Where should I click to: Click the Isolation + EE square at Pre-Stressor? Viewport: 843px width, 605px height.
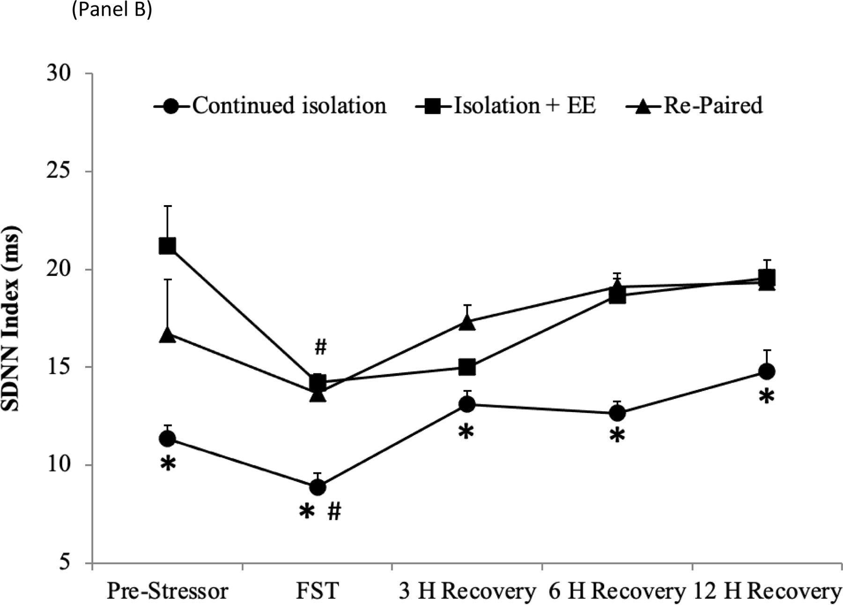coord(167,245)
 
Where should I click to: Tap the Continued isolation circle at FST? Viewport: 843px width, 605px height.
coord(318,487)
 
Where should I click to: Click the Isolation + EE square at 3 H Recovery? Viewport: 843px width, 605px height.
coord(467,367)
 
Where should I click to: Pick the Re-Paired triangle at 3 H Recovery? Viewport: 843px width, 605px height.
coord(467,322)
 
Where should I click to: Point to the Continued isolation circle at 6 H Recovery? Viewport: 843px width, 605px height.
coord(617,413)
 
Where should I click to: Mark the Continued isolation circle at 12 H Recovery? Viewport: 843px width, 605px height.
coord(767,371)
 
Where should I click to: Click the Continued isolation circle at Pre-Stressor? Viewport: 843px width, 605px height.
coord(167,438)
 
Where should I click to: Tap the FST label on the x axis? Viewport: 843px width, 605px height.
coord(317,591)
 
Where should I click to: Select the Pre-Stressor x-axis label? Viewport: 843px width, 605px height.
coord(167,591)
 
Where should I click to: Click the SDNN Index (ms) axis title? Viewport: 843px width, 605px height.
coord(13,319)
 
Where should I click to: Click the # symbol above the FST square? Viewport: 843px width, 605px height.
coord(320,347)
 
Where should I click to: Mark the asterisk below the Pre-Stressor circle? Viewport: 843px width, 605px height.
coord(168,464)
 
